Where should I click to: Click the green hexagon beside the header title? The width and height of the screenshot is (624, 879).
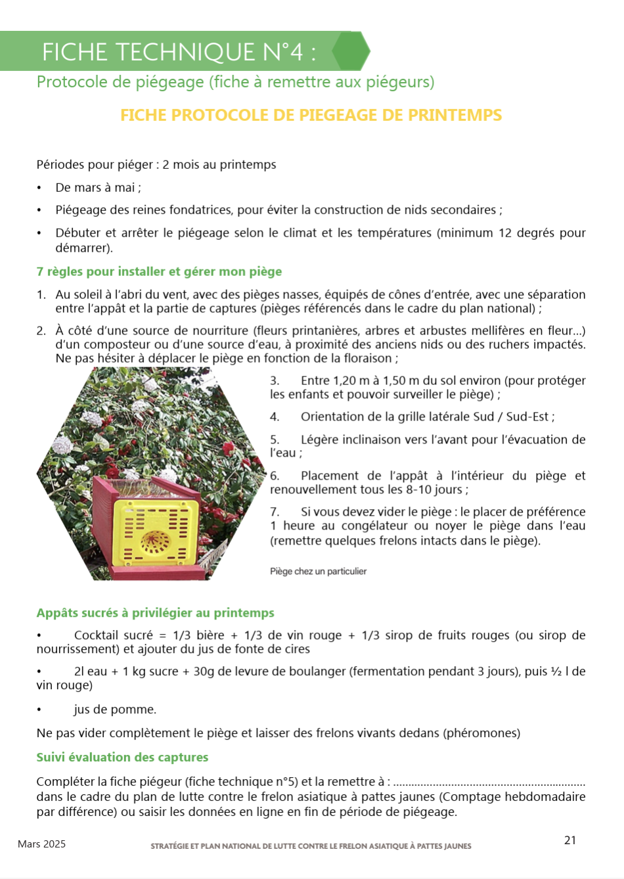coord(351,51)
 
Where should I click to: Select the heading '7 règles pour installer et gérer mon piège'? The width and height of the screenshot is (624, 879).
coord(159,271)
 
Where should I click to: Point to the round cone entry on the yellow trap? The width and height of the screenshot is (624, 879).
coord(154,542)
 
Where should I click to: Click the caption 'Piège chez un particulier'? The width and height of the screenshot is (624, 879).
coord(318,572)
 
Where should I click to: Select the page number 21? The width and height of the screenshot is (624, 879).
coord(569,840)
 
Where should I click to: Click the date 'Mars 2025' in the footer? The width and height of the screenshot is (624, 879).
coord(41,844)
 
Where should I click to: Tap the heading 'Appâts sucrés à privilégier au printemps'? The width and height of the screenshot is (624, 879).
coord(155,613)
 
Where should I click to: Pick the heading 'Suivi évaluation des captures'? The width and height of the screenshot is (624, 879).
coord(122,757)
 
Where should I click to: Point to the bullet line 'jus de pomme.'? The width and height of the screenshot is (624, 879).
coord(114,710)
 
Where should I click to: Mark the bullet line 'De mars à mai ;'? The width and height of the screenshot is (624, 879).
coord(98,187)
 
